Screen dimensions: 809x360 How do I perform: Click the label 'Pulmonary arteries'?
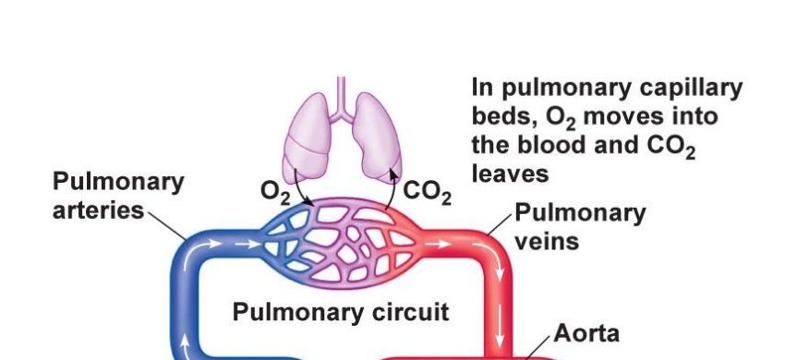tap(104, 196)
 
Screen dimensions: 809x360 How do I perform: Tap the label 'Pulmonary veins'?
tap(579, 227)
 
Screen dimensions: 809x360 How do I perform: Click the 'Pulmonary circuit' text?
tap(341, 311)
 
